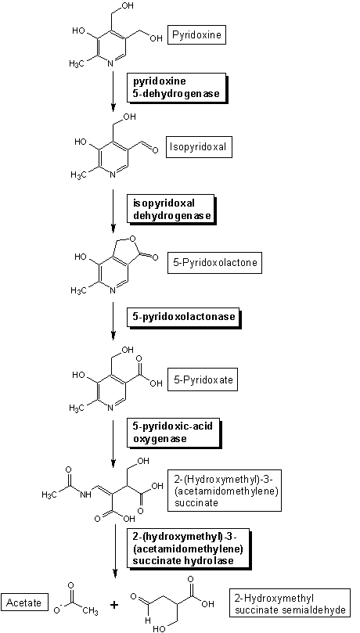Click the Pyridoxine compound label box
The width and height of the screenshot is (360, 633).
click(x=197, y=35)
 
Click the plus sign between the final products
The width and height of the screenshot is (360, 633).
click(x=115, y=605)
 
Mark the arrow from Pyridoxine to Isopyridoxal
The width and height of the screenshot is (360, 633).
click(x=113, y=92)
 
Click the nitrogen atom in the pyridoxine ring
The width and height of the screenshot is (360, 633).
click(x=110, y=63)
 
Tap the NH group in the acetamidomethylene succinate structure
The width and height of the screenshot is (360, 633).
click(x=85, y=495)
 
